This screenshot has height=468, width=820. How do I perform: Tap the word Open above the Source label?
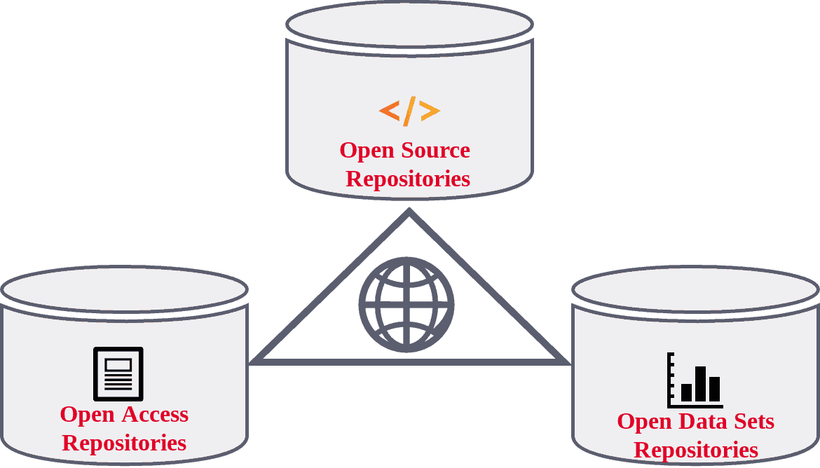click(x=367, y=151)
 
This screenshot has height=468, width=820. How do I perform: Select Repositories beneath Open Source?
click(x=408, y=179)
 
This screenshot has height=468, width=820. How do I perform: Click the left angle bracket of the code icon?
click(x=389, y=111)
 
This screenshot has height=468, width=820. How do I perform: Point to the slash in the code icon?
click(x=409, y=111)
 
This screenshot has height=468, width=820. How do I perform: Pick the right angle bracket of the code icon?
click(x=430, y=111)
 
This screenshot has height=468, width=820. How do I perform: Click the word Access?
click(x=155, y=414)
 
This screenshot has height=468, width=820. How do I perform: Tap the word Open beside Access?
click(x=87, y=415)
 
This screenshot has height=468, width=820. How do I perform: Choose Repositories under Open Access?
click(x=124, y=443)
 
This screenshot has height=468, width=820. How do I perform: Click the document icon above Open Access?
click(x=118, y=373)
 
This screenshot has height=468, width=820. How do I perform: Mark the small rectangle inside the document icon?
click(x=118, y=365)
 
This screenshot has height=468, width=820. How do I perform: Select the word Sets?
click(x=752, y=421)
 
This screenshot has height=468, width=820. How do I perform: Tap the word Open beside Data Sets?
click(x=644, y=422)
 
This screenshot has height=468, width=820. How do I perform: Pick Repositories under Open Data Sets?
click(x=696, y=450)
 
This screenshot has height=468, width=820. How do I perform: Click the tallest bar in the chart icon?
click(x=700, y=383)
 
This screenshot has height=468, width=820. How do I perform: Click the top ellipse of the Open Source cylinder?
click(x=409, y=24)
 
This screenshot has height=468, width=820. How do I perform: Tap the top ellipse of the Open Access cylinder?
click(x=124, y=289)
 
